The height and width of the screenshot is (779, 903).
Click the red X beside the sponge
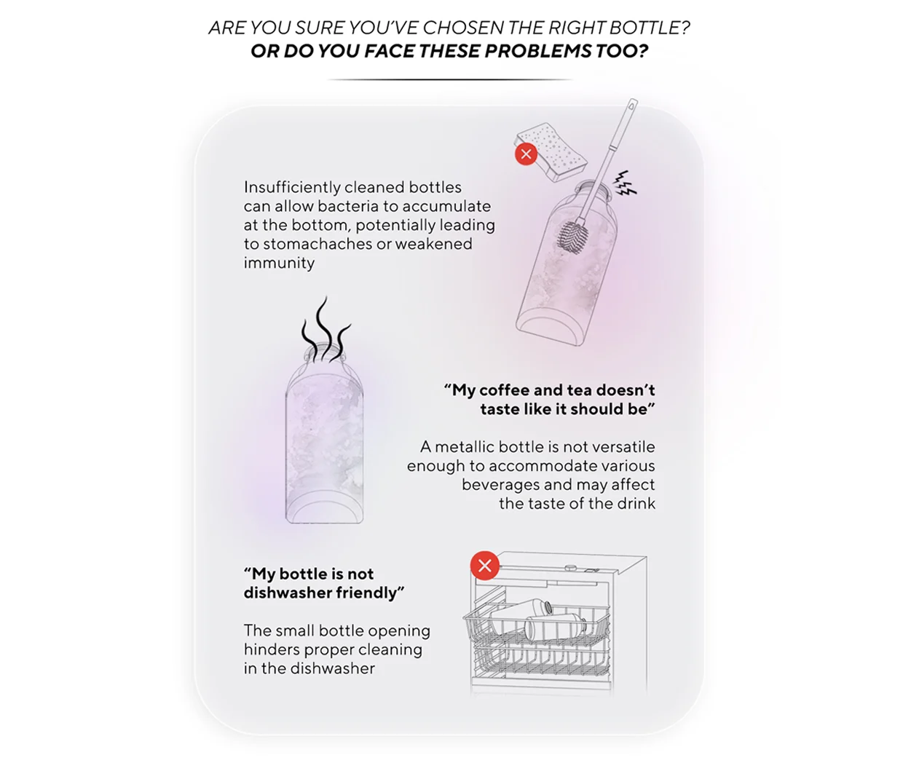click(x=526, y=154)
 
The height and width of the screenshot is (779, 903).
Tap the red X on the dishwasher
click(x=484, y=566)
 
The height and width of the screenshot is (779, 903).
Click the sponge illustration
click(x=551, y=152)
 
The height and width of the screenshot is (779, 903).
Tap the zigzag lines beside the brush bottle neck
click(x=625, y=183)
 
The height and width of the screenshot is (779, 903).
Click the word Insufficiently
click(x=292, y=187)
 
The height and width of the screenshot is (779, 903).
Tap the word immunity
click(x=279, y=263)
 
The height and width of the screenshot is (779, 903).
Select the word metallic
click(x=465, y=447)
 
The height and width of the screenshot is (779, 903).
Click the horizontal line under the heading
click(x=449, y=80)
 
